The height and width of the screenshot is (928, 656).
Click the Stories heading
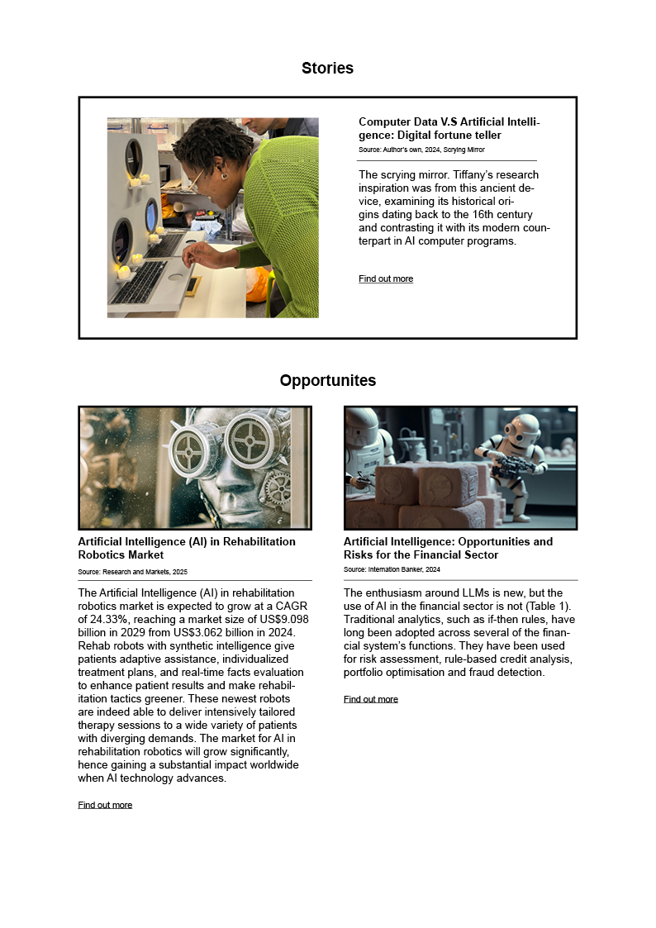coord(327,69)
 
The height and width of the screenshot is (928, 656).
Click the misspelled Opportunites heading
coord(327,381)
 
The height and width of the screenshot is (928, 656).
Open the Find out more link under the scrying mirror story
coord(386,279)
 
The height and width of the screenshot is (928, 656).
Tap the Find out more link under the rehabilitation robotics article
coord(105,805)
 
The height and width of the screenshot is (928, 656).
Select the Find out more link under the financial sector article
coord(371,699)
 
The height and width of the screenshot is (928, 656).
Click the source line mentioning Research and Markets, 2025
coord(133,572)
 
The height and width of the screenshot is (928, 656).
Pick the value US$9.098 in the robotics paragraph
coord(280,619)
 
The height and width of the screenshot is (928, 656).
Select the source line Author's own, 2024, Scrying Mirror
coord(421,150)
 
